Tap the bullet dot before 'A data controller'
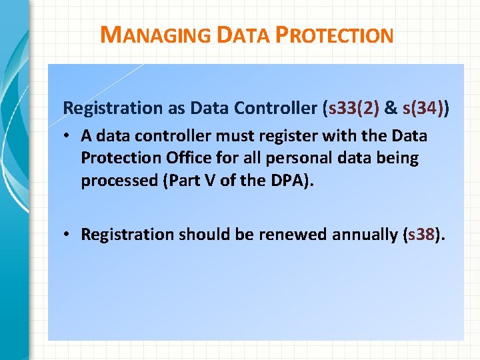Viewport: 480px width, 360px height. [69, 137]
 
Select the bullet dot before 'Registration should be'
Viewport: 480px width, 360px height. [69, 235]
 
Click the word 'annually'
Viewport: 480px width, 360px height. [359, 234]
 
